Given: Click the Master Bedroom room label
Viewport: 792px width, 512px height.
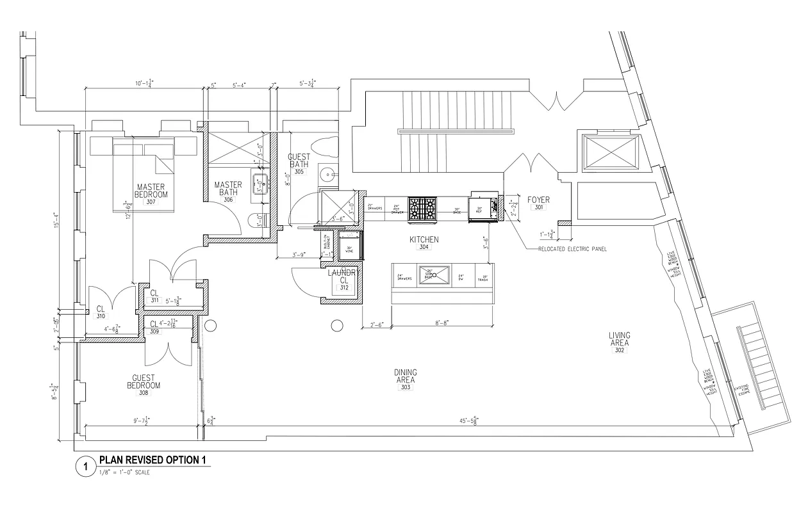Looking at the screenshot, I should coord(151,191).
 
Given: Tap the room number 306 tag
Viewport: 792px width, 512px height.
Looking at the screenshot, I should coord(228,200).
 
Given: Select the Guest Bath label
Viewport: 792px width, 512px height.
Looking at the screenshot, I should coord(299,161).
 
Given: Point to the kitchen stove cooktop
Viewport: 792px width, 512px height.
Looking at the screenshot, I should coord(422,209).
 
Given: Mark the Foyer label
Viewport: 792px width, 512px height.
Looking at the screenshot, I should coord(538,200).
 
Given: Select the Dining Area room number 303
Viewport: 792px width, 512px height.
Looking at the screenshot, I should coord(406,388).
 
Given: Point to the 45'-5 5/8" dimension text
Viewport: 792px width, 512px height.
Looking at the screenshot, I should coord(468,420).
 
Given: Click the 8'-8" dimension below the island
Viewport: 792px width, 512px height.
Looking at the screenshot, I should coord(441,324).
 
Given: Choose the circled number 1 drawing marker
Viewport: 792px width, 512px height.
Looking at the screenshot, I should coord(83,467).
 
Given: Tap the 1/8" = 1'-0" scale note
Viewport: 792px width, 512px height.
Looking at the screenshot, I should coord(126,472).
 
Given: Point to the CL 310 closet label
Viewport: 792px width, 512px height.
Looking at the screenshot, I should coord(101,312).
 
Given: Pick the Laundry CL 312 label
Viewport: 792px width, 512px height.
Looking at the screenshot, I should coord(344,280).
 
